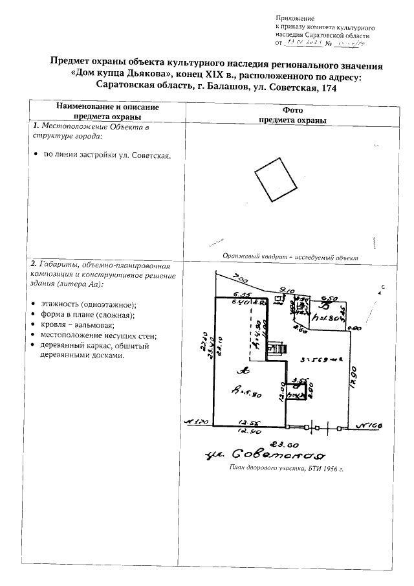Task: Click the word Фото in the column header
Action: (x=292, y=110)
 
